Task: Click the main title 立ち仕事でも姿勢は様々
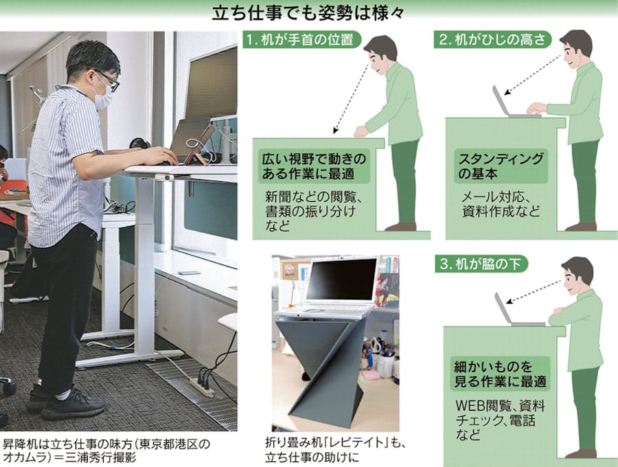point(308,14)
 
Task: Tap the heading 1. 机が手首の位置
point(299,39)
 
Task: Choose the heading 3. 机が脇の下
point(481,264)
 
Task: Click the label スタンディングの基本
point(501,166)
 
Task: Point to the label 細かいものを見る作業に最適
point(500,374)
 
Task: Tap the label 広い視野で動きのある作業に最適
point(314,166)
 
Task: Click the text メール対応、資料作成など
point(501,204)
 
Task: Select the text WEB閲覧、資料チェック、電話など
point(500,420)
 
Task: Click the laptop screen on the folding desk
point(341,280)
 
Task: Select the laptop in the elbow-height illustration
point(512,103)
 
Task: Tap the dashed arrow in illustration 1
point(352,98)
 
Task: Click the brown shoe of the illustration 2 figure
point(580,227)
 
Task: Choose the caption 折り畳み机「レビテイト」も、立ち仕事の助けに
point(335,450)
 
